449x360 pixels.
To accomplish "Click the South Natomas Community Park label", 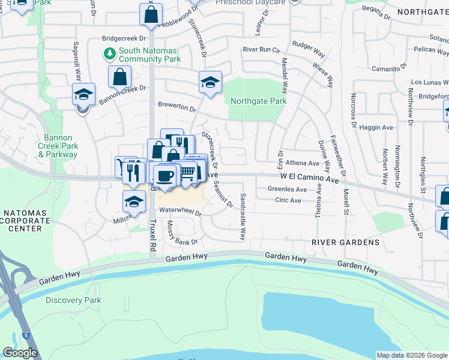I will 149,55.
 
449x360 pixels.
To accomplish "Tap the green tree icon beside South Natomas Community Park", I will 110,55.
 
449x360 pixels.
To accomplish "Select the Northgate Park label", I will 258,101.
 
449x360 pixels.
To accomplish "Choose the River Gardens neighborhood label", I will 345,242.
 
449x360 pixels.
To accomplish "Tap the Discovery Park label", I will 73,300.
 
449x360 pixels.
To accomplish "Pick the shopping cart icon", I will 187,173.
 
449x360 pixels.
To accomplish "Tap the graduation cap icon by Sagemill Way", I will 83,94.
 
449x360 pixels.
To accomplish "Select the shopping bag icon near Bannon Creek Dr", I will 120,77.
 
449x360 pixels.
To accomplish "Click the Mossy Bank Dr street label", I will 181,233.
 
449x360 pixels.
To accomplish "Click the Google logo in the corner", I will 20,353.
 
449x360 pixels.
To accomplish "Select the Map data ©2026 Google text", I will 412,355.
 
